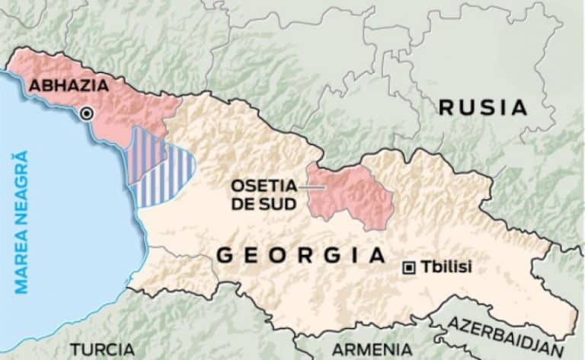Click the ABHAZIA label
click(x=69, y=85)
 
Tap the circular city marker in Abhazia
click(x=87, y=113)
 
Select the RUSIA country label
click(x=483, y=107)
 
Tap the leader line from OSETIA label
click(x=308, y=185)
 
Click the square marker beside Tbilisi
click(x=409, y=267)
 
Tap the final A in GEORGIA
click(x=377, y=256)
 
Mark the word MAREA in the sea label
click(x=21, y=259)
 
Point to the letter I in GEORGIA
click(x=352, y=256)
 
